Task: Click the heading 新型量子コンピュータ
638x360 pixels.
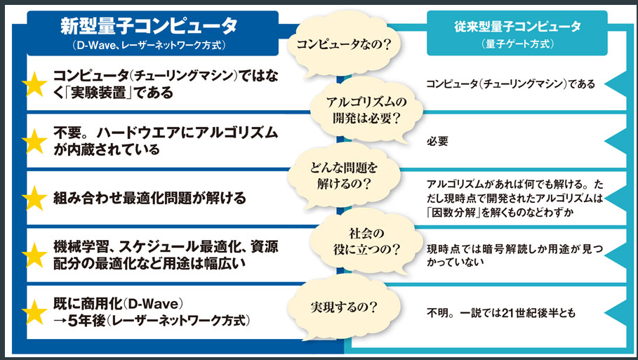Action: click(148, 27)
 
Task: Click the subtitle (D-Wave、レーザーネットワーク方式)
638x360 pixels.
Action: click(148, 46)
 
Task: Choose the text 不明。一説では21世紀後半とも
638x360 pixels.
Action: click(500, 313)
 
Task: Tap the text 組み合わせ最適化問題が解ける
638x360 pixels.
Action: click(149, 199)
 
